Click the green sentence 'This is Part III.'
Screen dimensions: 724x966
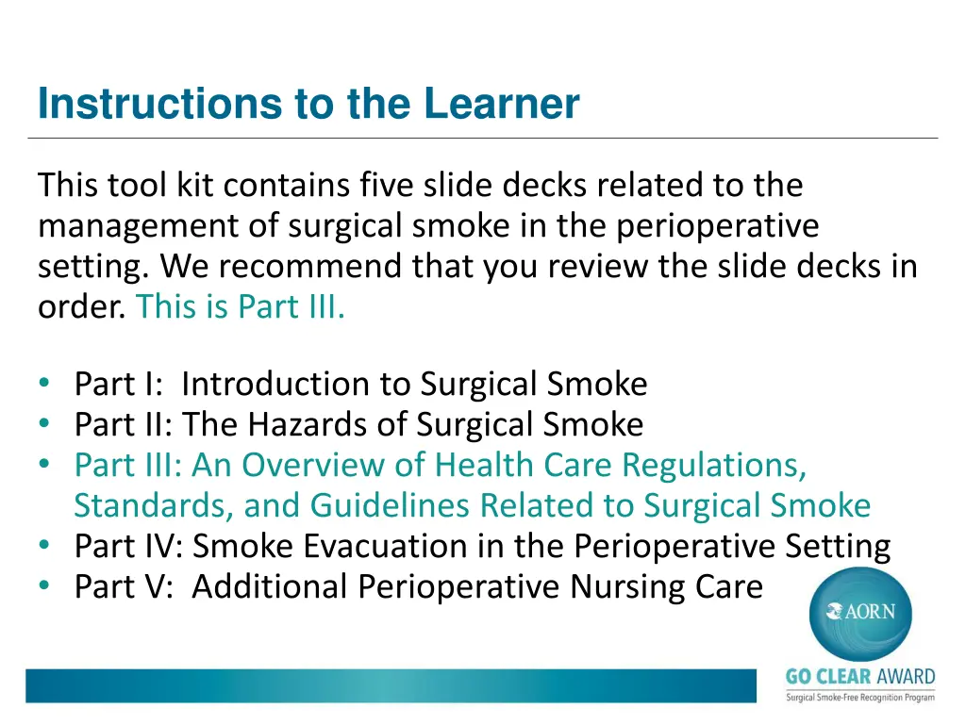241,307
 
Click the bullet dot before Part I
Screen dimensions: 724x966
45,384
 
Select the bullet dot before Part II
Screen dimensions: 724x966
45,424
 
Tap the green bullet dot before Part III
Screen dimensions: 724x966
45,465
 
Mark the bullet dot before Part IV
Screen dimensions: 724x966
45,546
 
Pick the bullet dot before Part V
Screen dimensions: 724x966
45,586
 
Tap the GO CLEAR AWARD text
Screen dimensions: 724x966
860,678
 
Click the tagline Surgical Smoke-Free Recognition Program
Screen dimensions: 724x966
860,697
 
